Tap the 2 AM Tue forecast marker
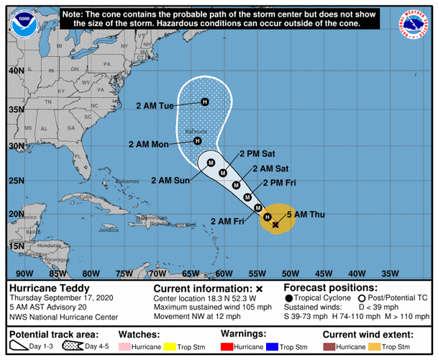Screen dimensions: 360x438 point(205,102)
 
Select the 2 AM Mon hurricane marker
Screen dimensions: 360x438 point(199,141)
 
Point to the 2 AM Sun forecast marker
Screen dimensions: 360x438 point(211,163)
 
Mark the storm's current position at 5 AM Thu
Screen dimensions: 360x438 point(275,225)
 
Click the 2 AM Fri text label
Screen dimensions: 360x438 point(226,221)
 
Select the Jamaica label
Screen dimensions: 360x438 point(109,230)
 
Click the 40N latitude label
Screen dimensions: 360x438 point(15,71)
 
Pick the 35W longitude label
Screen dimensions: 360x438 point(390,273)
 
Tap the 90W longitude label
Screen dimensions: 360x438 point(24,273)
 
